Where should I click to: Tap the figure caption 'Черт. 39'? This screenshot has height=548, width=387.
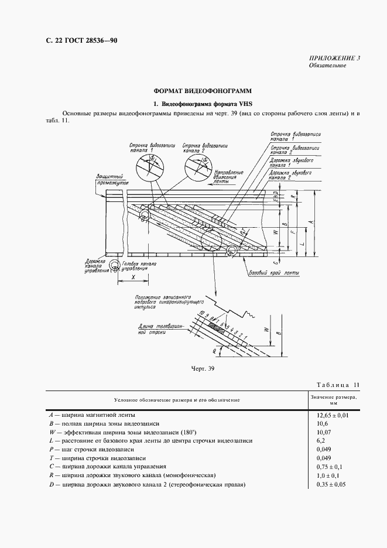(203, 368)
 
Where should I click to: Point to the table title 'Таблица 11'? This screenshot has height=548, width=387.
(341, 384)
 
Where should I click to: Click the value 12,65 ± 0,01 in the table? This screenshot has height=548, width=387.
(332, 415)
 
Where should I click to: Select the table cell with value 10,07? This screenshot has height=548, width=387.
(324, 433)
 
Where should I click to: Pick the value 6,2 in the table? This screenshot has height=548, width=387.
(321, 441)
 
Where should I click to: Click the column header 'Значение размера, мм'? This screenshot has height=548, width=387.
(333, 400)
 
